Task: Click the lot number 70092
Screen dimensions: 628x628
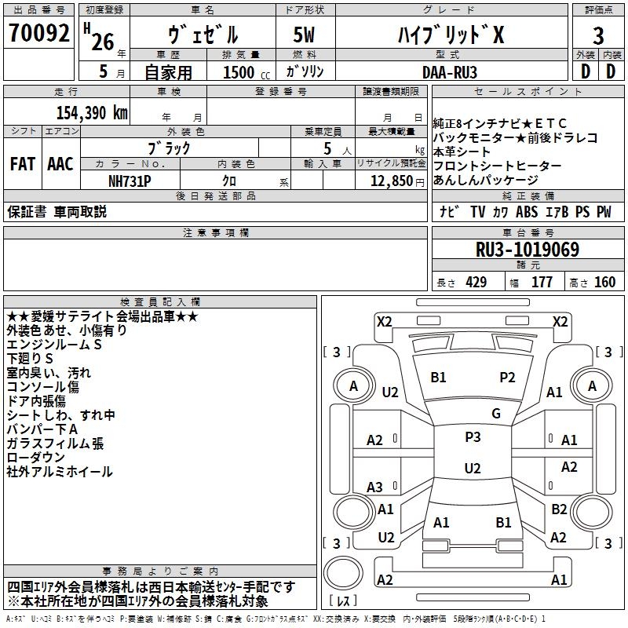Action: click(x=38, y=33)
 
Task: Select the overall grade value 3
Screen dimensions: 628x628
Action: click(x=598, y=36)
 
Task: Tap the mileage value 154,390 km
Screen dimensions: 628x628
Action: click(x=92, y=113)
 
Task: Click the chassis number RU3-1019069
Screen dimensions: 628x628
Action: click(x=527, y=250)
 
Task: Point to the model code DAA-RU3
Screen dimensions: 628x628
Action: click(x=449, y=72)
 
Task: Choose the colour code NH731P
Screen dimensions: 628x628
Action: click(x=130, y=181)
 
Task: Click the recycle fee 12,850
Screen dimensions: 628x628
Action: click(x=391, y=181)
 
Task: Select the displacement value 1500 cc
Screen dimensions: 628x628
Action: click(x=246, y=72)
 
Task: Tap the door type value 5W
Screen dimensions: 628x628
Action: click(x=304, y=35)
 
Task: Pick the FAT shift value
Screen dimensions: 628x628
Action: click(x=23, y=164)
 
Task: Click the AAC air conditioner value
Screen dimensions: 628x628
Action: click(x=60, y=164)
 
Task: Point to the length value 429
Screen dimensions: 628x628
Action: click(x=476, y=283)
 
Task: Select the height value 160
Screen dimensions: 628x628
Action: click(x=604, y=283)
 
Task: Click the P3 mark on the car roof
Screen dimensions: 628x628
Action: click(x=473, y=437)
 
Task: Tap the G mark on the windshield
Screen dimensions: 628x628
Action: click(x=496, y=414)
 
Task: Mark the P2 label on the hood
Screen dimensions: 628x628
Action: click(x=507, y=378)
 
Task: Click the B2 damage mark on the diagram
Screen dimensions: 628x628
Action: click(x=559, y=509)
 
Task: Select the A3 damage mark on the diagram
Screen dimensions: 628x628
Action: click(x=375, y=487)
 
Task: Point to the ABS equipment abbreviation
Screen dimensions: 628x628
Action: click(x=527, y=212)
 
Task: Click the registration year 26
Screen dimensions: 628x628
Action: click(x=103, y=42)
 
